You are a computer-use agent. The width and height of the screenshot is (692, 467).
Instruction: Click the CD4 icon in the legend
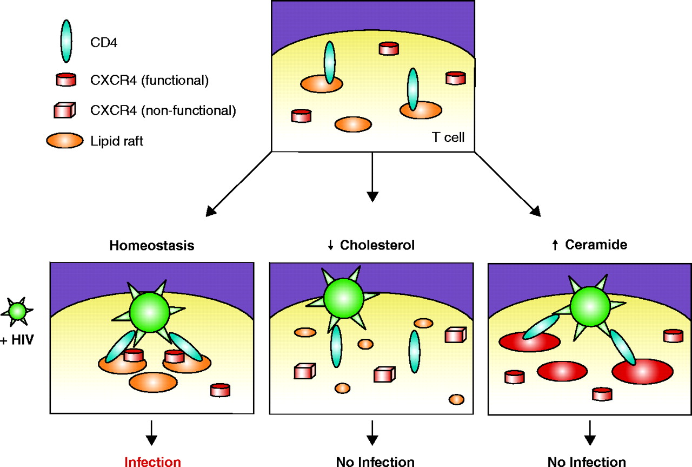tap(66, 42)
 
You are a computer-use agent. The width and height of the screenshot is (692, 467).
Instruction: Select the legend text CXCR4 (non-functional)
tap(163, 110)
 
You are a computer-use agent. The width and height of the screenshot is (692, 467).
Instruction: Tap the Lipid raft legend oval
tap(65, 141)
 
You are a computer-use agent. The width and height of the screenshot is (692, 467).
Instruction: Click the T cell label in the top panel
tap(448, 138)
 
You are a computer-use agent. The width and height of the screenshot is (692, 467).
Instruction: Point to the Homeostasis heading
tap(152, 245)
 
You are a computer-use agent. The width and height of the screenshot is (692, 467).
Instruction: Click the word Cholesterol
tap(377, 245)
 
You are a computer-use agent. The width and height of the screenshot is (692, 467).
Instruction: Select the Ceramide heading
tap(596, 245)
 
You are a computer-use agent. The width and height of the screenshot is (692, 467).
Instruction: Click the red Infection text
tap(152, 462)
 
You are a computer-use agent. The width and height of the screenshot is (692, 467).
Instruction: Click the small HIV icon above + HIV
tap(17, 311)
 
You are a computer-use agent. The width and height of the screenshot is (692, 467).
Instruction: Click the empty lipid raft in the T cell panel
tap(353, 124)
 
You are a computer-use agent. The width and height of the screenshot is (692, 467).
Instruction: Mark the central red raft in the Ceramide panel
tap(562, 372)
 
